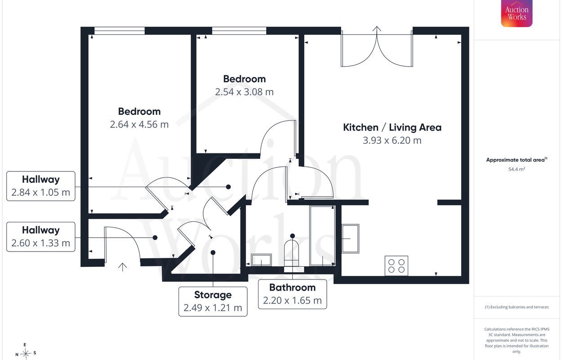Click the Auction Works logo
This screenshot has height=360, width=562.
(517, 13)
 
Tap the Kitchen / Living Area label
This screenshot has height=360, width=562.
(392, 127)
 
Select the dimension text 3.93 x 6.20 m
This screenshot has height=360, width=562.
(392, 140)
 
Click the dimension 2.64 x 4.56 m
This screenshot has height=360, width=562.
(139, 125)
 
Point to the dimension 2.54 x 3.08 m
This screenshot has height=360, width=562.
(245, 92)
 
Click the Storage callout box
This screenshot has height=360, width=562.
(213, 301)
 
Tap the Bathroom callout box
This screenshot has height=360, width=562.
(293, 294)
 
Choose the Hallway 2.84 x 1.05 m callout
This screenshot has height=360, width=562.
(41, 186)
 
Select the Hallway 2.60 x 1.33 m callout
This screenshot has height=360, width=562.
(41, 237)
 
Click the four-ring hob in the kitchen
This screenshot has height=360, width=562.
(397, 266)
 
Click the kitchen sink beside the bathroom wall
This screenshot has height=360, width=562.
(351, 238)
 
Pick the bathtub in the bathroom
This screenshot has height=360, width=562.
(322, 236)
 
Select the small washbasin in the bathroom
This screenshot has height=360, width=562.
(261, 260)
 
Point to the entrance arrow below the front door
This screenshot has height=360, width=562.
(122, 267)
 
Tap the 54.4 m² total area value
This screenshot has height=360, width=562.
(517, 169)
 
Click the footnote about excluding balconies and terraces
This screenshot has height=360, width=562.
(517, 307)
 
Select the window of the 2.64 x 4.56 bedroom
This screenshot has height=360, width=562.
(120, 31)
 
